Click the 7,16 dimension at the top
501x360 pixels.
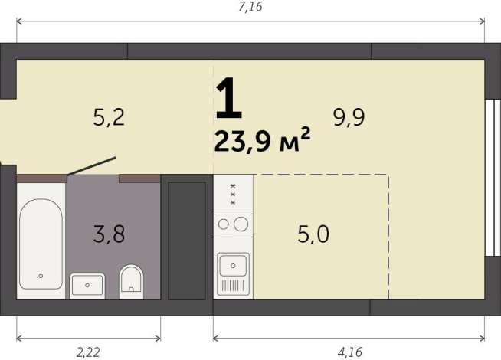tap(250, 8)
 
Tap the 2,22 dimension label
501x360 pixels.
tap(88, 352)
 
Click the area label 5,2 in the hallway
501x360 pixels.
tap(108, 117)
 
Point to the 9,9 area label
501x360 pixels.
tap(348, 117)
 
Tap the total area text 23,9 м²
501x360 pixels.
tap(262, 141)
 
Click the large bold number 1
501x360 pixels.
tap(228, 100)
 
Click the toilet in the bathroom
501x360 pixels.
tap(132, 280)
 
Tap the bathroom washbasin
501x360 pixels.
tap(87, 285)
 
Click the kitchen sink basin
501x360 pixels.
tap(233, 266)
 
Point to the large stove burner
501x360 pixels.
tap(241, 224)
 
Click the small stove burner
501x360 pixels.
tap(224, 224)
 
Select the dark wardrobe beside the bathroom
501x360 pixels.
tap(186, 240)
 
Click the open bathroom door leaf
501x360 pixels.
tap(91, 167)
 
